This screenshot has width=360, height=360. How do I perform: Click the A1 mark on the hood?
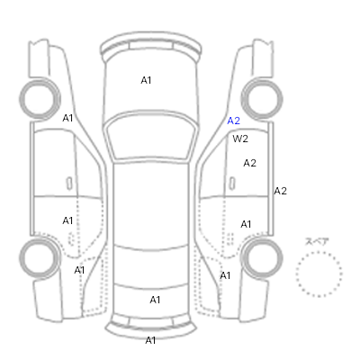[146, 80]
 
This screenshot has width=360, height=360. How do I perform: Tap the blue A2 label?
[234, 121]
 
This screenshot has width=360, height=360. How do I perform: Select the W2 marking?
[240, 139]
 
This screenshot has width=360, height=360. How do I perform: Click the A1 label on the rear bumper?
[150, 340]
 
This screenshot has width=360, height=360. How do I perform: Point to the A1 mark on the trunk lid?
[155, 300]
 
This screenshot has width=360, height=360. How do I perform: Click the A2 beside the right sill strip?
[281, 191]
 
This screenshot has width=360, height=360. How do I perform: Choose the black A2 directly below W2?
[250, 163]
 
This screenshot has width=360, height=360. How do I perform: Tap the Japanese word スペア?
[317, 241]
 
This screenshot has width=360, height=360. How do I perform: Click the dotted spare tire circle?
[319, 252]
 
